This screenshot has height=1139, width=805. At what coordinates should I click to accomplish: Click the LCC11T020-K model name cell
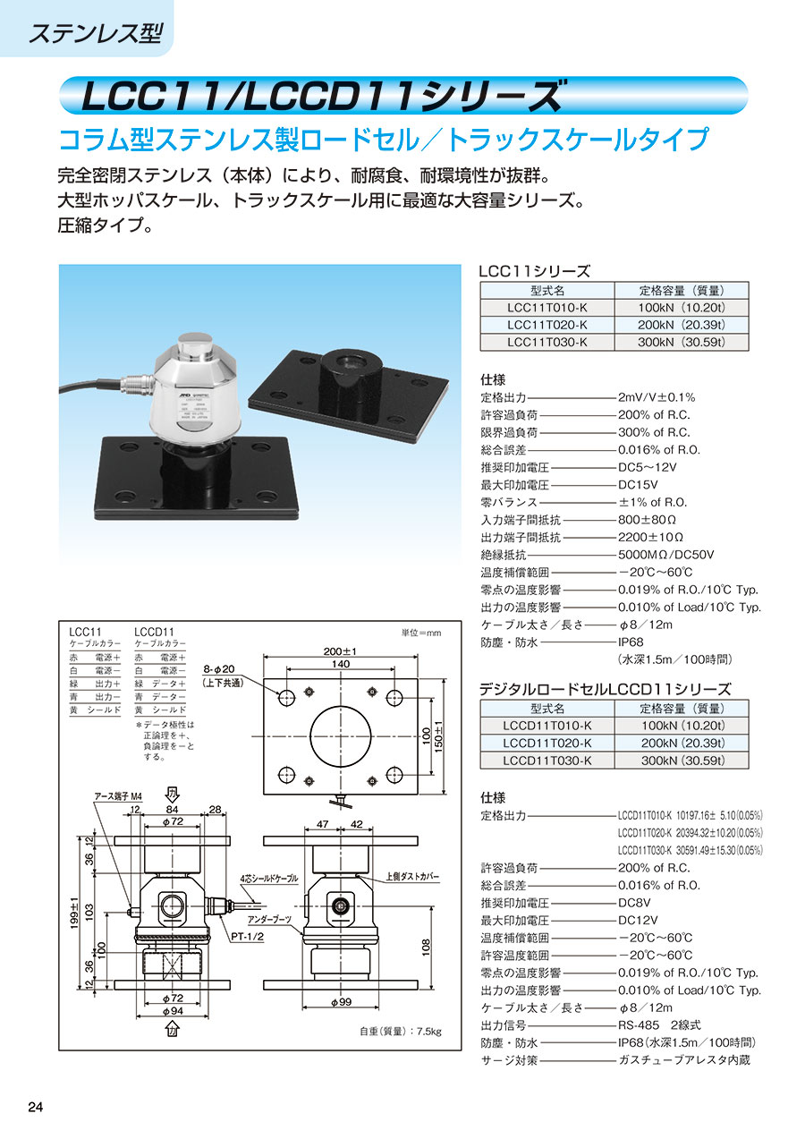[547, 325]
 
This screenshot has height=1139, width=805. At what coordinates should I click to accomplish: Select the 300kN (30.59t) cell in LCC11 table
[682, 342]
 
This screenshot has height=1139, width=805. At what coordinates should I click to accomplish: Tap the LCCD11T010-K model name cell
[547, 726]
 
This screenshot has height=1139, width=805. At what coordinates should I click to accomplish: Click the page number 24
[36, 1107]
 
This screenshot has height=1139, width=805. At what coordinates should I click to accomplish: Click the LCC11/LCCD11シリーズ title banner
[322, 96]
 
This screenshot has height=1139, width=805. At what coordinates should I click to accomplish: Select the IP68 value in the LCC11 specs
[631, 642]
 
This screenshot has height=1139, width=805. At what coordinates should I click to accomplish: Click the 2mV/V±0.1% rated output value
[657, 397]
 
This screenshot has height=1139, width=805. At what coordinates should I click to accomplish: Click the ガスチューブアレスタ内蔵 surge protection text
[684, 1060]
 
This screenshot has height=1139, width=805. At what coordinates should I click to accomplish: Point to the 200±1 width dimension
[340, 651]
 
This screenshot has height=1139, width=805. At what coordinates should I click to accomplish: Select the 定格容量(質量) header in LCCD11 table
[682, 709]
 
